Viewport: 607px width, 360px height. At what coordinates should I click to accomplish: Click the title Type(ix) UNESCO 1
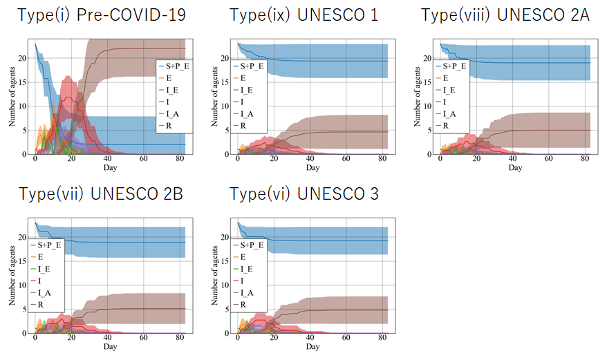[303, 15]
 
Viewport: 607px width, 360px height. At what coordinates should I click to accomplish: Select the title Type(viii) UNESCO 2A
[505, 15]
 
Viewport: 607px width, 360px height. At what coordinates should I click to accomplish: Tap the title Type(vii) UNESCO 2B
[101, 193]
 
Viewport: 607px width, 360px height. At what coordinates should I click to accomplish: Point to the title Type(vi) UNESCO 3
[303, 193]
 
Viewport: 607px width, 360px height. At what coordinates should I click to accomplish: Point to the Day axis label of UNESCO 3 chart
[312, 346]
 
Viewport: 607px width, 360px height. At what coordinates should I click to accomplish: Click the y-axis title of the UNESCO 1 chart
[214, 98]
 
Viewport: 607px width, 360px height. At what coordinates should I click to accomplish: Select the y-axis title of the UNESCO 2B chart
[12, 277]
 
